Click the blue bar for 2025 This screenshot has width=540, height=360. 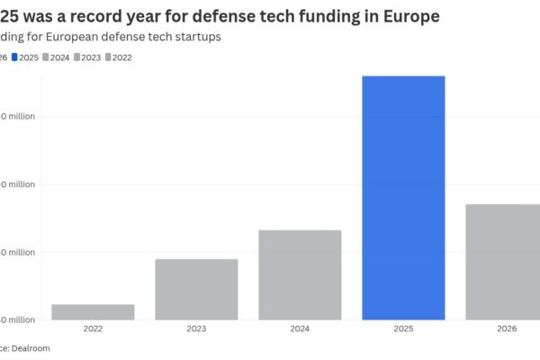coord(403,198)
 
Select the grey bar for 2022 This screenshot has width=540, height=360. coord(93,311)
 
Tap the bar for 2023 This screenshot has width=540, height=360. coord(196,289)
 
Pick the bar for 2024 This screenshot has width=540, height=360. coord(300,274)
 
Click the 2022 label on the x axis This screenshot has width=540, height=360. coord(93,329)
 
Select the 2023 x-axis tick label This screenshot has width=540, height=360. coord(196,329)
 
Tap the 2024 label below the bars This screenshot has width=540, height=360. coord(300,329)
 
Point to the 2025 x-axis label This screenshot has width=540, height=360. coord(403,329)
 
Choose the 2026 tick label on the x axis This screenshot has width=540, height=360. coord(507,329)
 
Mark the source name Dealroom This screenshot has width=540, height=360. coord(32,346)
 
